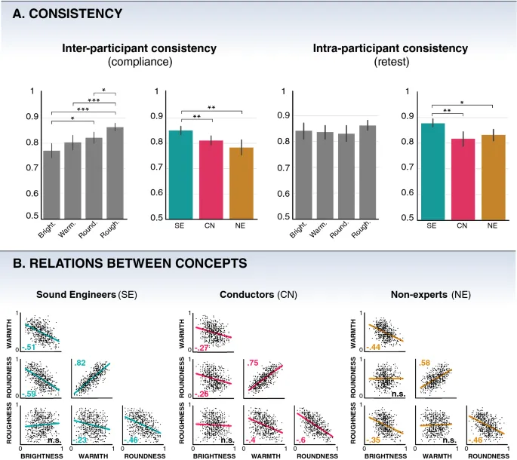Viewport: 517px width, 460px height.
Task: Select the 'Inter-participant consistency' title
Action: (x=140, y=48)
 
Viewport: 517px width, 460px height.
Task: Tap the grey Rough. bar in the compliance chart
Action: (x=115, y=173)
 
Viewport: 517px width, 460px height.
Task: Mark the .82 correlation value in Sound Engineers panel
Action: (x=79, y=363)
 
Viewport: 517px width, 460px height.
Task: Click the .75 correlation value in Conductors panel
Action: (x=252, y=363)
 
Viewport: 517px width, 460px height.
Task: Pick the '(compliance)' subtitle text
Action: (x=140, y=61)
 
